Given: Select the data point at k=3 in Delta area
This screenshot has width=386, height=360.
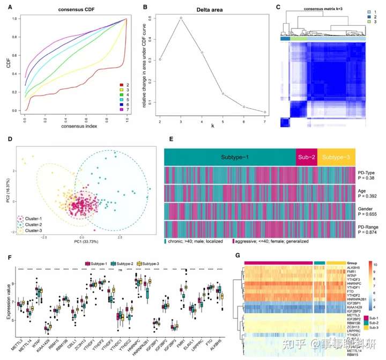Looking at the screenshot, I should [x=181, y=18].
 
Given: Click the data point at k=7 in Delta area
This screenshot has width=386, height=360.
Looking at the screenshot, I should [x=265, y=112].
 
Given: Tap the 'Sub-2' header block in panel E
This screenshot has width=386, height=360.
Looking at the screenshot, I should [x=306, y=157].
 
